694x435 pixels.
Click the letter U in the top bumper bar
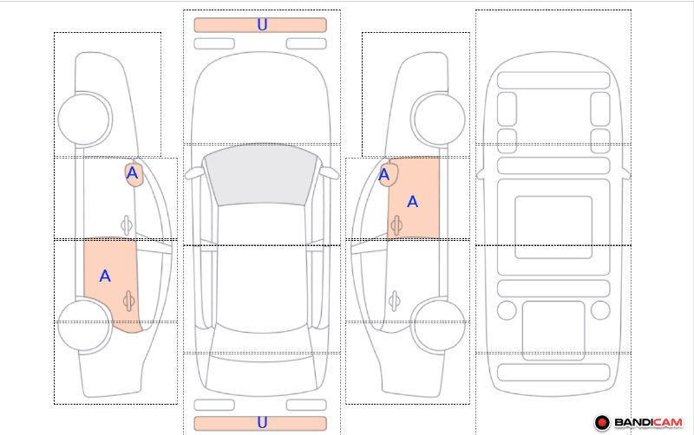[x=262, y=25]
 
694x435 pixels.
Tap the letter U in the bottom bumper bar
[x=262, y=423]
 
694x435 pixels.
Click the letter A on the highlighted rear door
[x=105, y=276]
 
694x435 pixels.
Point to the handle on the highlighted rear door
[x=128, y=301]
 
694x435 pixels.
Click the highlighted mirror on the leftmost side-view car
[x=134, y=175]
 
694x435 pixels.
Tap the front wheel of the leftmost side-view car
[x=84, y=119]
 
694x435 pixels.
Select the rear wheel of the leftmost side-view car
[x=84, y=325]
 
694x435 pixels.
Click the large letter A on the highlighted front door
[x=413, y=202]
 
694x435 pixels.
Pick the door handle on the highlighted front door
[x=396, y=225]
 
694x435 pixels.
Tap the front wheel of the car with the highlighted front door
[x=438, y=119]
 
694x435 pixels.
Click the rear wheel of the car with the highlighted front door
[x=438, y=325]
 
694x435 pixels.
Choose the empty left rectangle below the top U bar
[x=214, y=44]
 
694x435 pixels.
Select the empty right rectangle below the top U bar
[x=306, y=44]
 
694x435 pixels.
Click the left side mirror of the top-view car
[x=193, y=173]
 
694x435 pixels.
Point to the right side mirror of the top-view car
[x=330, y=173]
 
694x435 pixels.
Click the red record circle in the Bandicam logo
[x=602, y=423]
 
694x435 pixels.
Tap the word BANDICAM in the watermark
[x=648, y=423]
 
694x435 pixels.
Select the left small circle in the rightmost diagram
[x=507, y=310]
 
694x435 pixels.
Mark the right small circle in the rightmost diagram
[x=600, y=310]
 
